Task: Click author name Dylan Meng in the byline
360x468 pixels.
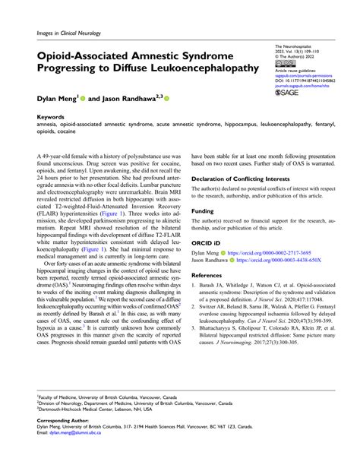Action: click(x=58, y=99)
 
